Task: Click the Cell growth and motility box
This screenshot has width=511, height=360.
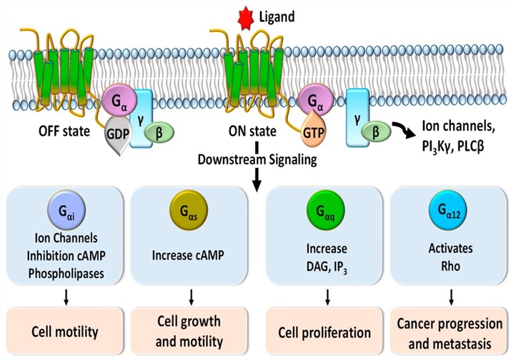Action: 189,331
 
